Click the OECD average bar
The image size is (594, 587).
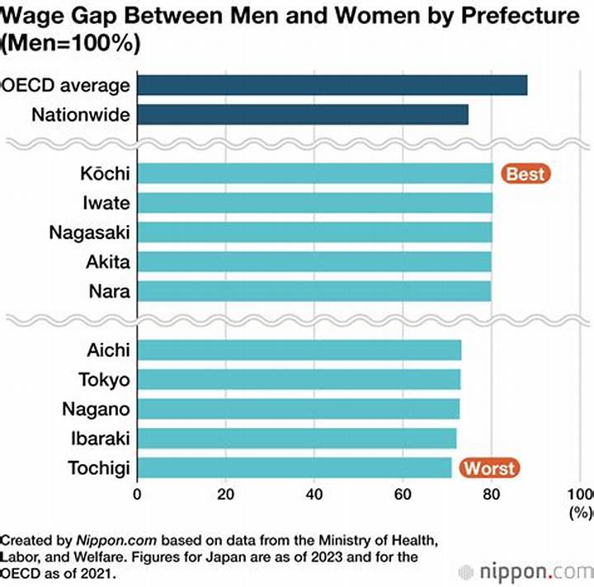coord(332,85)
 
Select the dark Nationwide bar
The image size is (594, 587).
coord(303,115)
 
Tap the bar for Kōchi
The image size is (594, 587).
coord(315,173)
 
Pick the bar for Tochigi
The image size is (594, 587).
coord(295,467)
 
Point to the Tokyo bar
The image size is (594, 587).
coord(299,379)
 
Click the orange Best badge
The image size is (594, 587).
coord(526,174)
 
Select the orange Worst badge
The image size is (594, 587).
coord(489,467)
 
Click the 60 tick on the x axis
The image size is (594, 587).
coord(403,495)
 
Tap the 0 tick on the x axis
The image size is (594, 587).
coord(137,495)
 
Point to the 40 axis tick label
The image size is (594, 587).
coord(314,495)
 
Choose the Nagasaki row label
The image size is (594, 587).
coord(89,232)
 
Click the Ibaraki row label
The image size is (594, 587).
coord(101,439)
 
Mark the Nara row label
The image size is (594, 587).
coord(110,291)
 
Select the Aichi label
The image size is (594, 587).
coord(108,350)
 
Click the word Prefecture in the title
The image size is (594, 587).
coord(520,16)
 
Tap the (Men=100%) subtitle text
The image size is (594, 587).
coord(70,43)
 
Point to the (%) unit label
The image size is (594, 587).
coord(580,513)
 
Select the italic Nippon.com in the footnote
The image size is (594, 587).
coord(116,541)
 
